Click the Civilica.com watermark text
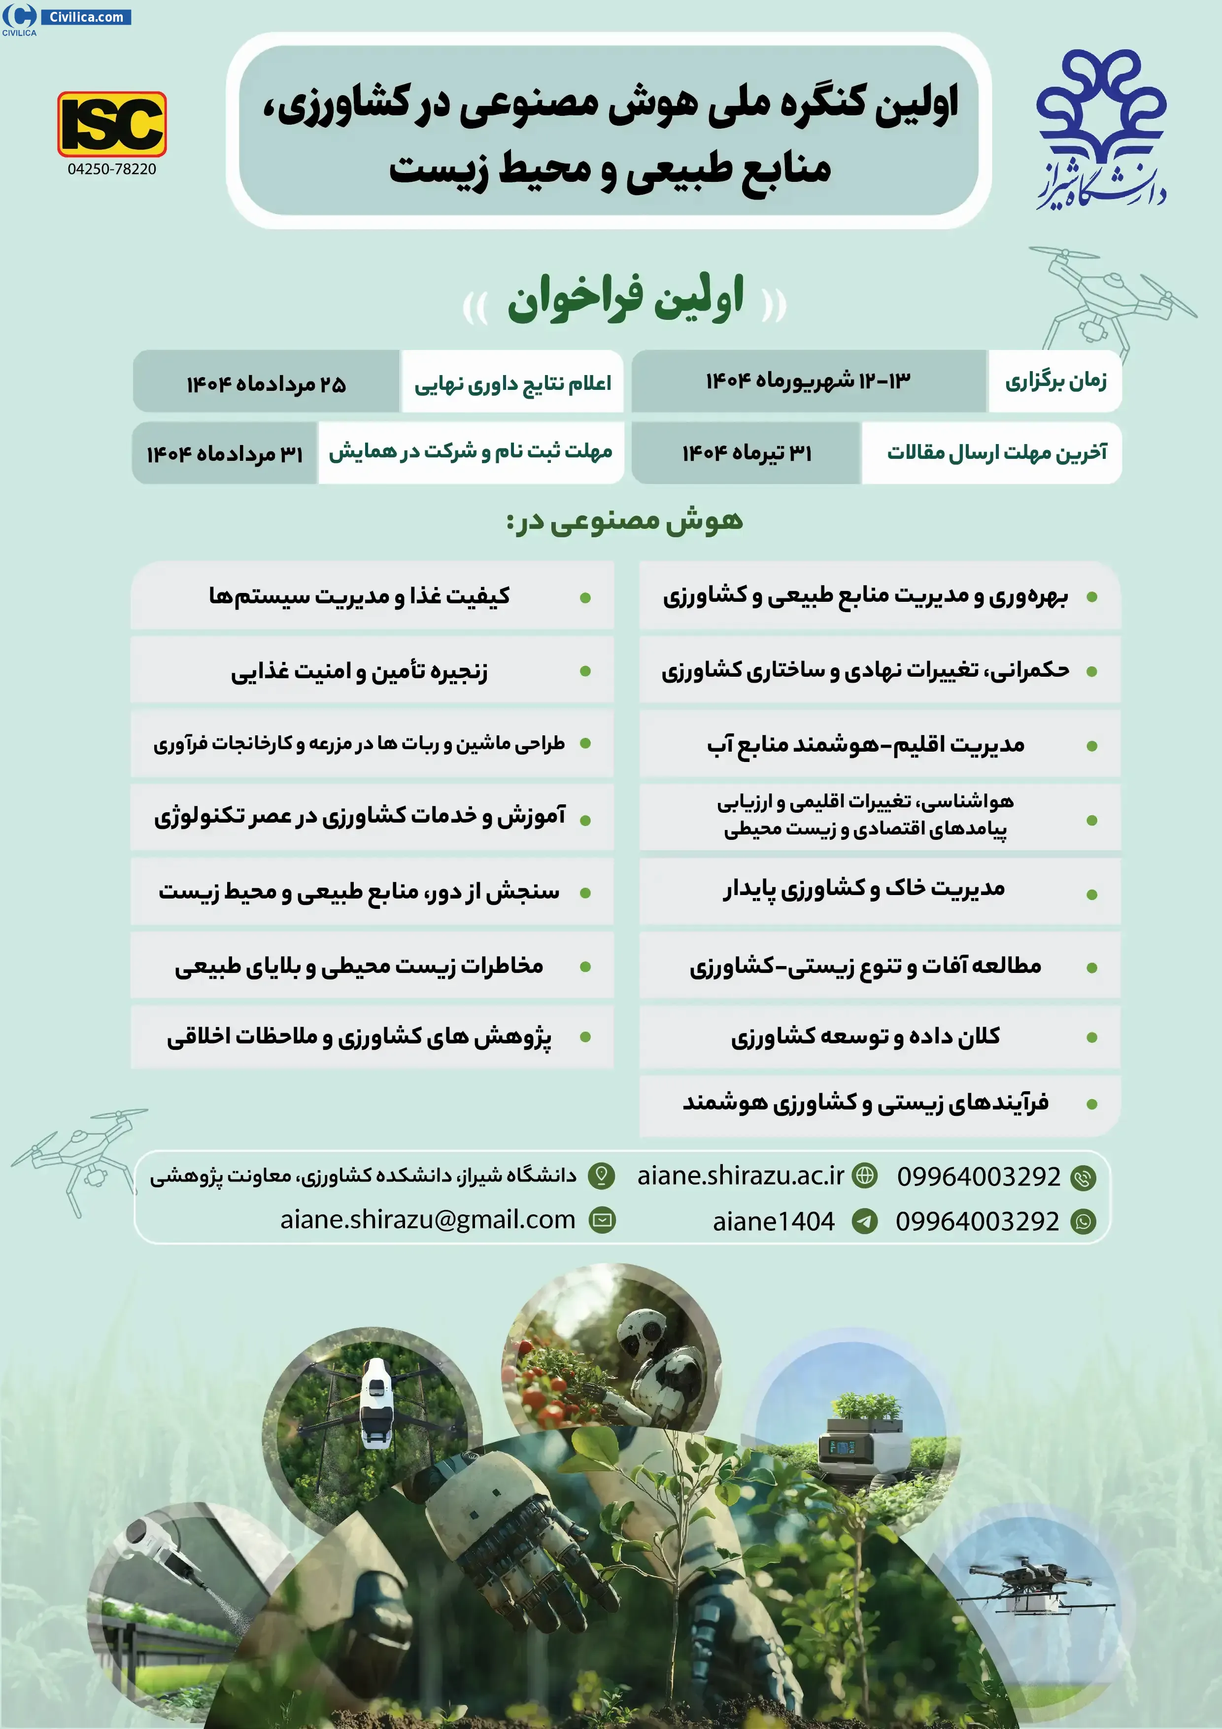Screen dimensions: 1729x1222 86,17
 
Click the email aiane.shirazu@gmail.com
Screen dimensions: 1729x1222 428,1220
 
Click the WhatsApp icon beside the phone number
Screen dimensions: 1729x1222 1084,1221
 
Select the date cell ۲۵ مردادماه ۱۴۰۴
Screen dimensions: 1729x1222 267,384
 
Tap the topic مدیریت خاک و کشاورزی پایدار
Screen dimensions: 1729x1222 864,889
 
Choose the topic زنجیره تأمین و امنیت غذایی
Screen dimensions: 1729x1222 359,671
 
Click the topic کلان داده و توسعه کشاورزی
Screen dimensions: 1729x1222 865,1037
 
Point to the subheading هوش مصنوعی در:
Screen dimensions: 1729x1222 624,521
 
